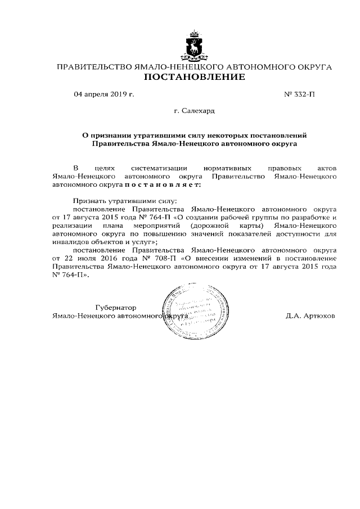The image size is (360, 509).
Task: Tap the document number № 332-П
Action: tap(300, 94)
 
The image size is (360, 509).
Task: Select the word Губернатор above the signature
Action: tap(116, 308)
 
